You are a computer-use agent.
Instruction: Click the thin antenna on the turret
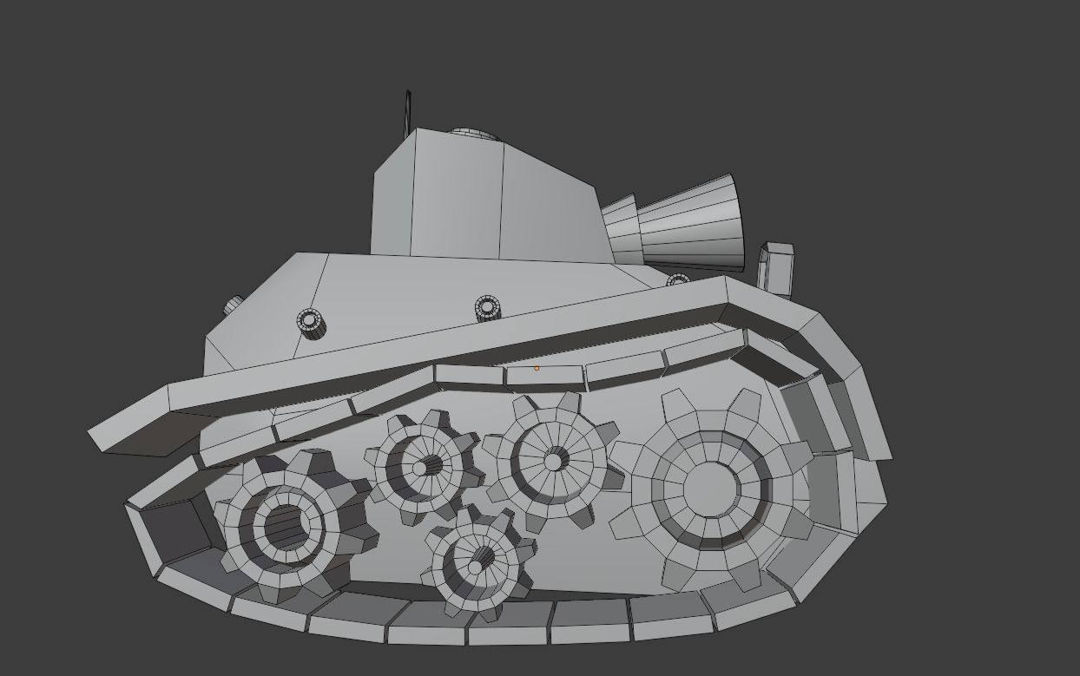tap(407, 113)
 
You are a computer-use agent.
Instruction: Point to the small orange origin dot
tap(537, 368)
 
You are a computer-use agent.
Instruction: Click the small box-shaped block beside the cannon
tap(775, 267)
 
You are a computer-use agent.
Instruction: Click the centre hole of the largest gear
tap(710, 489)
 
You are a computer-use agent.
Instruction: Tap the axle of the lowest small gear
tap(477, 566)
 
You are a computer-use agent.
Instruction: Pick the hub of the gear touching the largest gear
tap(553, 461)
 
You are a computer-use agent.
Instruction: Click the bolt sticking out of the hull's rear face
tap(234, 305)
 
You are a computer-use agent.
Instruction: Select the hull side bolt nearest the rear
tap(311, 322)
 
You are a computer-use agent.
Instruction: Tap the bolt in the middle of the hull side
tap(487, 307)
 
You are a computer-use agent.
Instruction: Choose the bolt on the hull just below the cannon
tap(677, 280)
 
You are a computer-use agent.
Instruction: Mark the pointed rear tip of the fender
tap(91, 430)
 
